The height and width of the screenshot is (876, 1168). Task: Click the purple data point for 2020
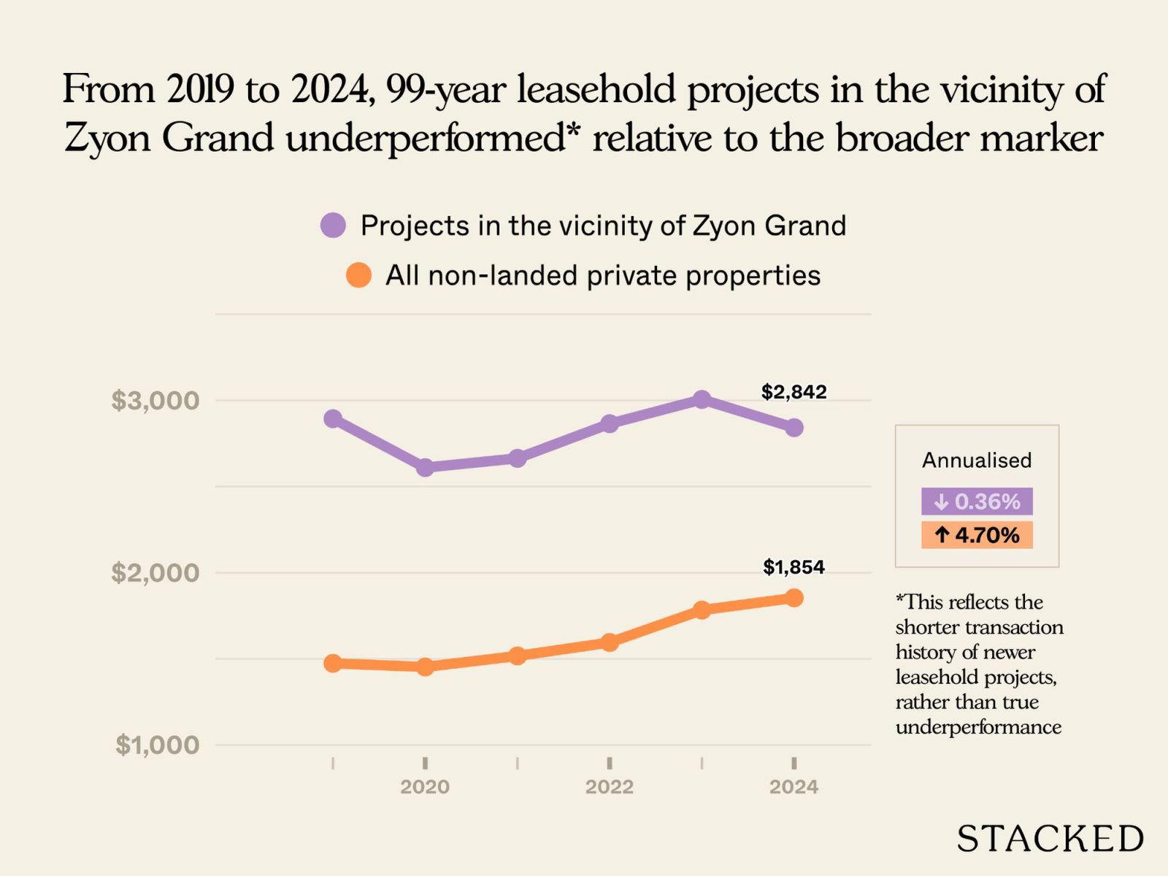(425, 467)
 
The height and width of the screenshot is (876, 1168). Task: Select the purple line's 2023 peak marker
(702, 399)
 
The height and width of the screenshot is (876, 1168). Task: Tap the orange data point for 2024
(794, 598)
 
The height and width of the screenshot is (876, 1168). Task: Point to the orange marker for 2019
(333, 663)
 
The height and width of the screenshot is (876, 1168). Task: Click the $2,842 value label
(794, 392)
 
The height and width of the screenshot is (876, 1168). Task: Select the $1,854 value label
(794, 567)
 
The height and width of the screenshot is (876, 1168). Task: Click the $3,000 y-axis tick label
(155, 400)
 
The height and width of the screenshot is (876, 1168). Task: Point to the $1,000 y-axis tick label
(157, 745)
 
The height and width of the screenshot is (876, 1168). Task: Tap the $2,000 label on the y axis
(155, 572)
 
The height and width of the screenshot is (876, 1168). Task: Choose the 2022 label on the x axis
(609, 787)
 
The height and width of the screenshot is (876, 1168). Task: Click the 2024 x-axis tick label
(794, 787)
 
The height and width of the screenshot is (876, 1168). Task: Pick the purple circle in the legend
(333, 226)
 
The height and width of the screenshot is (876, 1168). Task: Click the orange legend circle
(358, 275)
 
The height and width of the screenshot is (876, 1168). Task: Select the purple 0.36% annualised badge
(977, 502)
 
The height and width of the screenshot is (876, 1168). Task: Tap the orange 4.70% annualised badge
(977, 535)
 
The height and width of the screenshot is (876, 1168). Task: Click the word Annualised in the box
(977, 461)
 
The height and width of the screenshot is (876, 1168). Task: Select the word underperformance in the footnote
(978, 727)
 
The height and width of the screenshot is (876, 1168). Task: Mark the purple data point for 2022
(610, 423)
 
